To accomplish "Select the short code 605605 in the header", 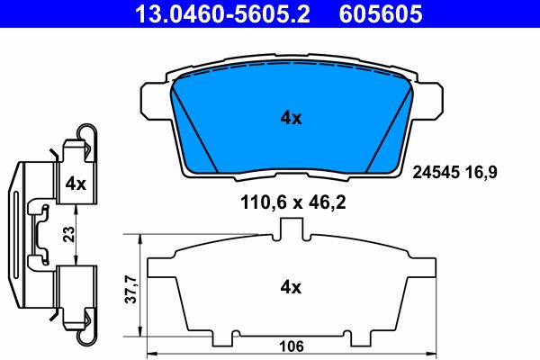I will pos(379,14).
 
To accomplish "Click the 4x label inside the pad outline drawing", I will pos(289,288).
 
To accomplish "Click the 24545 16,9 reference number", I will pos(454,169).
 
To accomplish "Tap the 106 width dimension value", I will pos(288,346).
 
